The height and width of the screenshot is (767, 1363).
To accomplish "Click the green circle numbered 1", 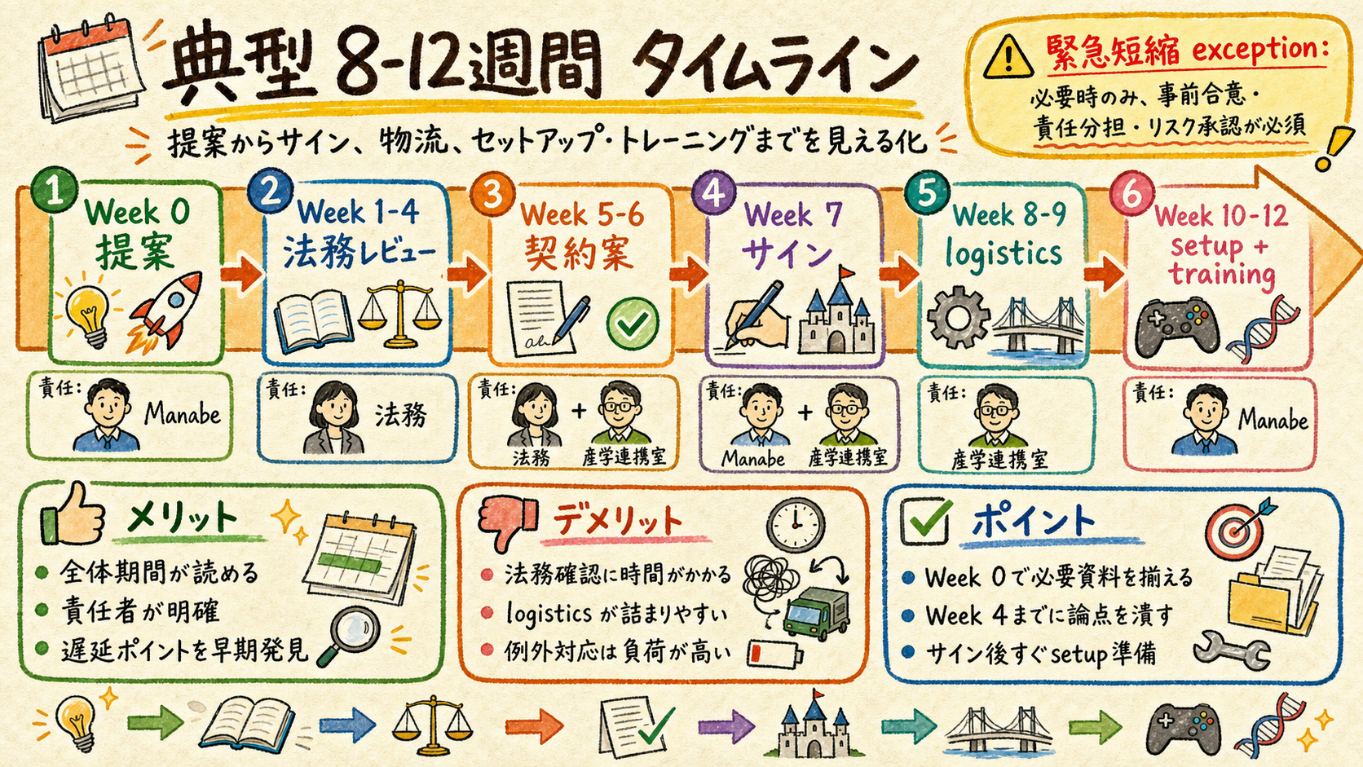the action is point(54,190).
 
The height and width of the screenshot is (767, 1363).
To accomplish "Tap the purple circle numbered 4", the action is point(714,192).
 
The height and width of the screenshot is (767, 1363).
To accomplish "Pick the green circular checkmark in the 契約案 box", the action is point(633,324).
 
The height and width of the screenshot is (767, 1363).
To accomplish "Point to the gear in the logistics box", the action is point(958,318).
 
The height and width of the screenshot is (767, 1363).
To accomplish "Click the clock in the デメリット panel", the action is point(796,525).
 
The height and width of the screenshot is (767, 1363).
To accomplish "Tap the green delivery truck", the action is point(816,614).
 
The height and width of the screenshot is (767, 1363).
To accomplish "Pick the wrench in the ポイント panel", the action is point(1230,650).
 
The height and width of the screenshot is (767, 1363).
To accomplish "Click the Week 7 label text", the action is point(794,214).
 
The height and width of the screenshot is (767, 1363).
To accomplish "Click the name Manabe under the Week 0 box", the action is point(183,415).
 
